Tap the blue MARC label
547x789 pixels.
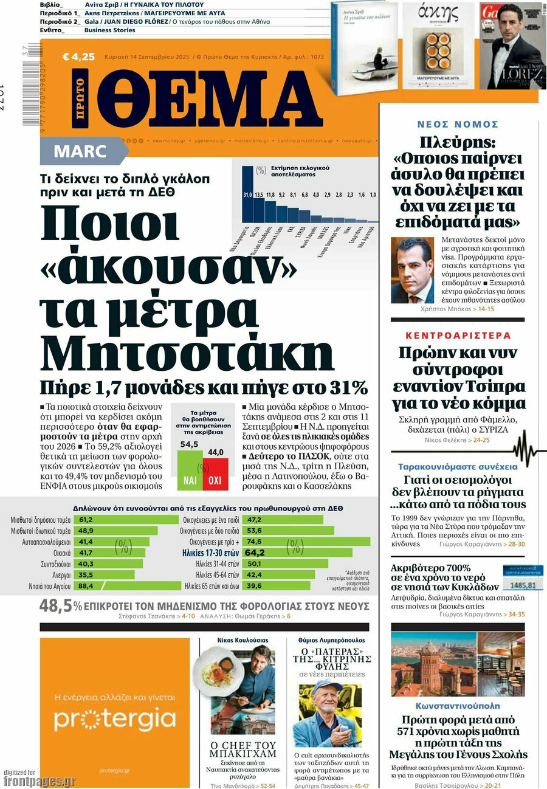click(80, 151)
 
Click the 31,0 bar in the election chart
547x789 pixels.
click(247, 195)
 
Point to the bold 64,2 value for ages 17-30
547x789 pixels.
click(255, 553)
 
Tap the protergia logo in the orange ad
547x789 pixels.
click(115, 719)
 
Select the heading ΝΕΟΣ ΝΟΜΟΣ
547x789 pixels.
click(458, 124)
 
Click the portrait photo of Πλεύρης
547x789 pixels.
click(412, 270)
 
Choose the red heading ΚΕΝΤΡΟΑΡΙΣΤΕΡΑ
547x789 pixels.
click(458, 336)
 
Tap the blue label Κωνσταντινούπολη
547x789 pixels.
click(458, 706)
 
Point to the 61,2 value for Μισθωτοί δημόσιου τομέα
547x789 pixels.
click(86, 520)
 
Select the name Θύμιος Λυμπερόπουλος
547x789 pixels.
click(331, 640)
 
